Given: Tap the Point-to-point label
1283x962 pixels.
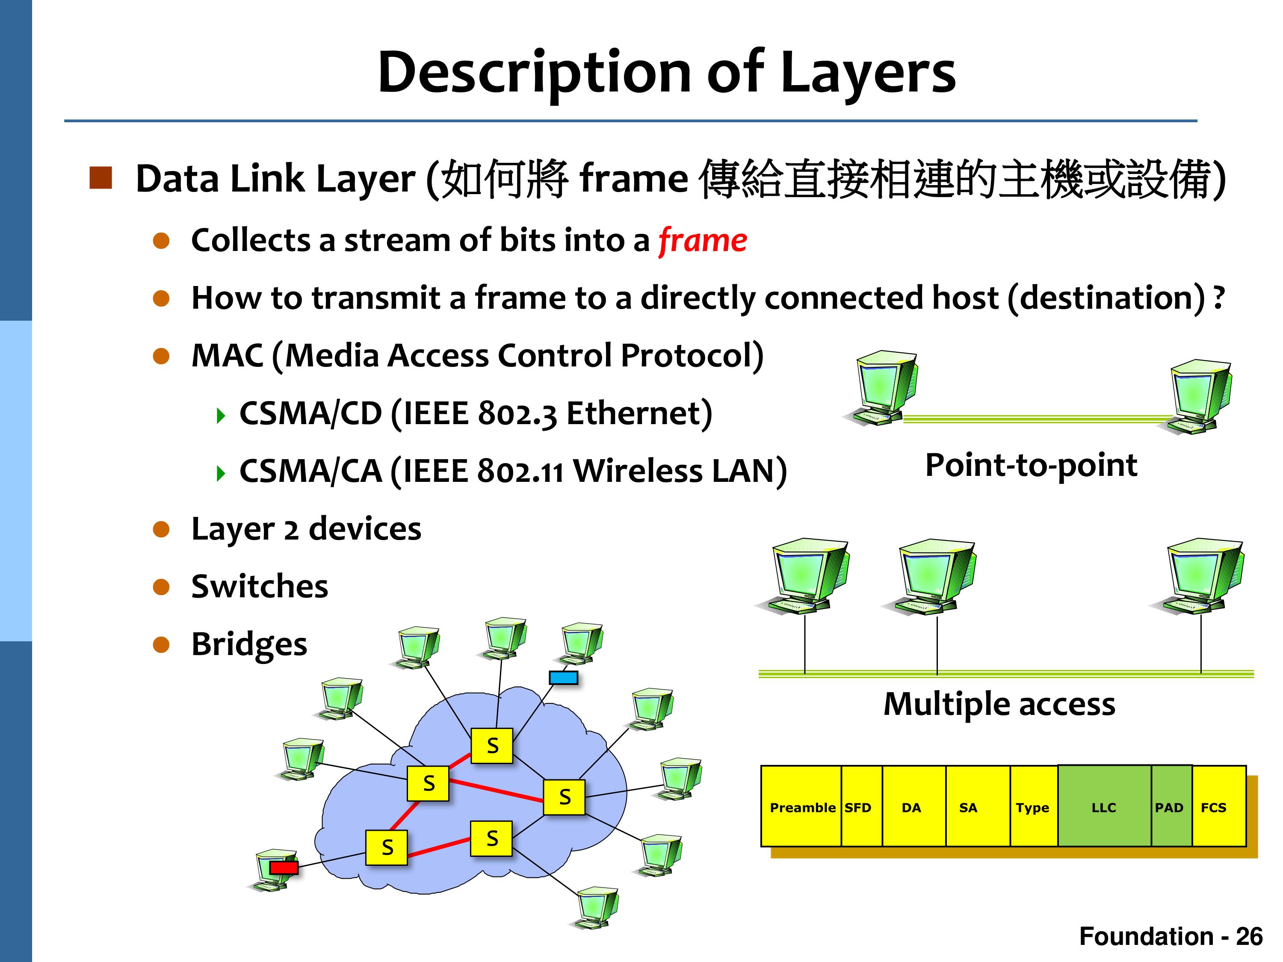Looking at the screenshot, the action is (1031, 465).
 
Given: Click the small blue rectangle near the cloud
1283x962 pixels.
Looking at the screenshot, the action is (563, 677).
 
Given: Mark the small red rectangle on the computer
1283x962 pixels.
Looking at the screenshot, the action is (284, 868).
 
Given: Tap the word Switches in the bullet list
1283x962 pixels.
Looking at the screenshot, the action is (259, 586).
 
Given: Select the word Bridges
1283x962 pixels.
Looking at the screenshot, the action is (249, 645).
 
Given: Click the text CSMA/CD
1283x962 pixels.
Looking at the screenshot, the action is (310, 413).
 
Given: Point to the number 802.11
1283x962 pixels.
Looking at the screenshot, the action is (520, 472).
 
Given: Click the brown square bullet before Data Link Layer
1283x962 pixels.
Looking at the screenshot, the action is (101, 178).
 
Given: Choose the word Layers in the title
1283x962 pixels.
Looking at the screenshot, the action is (868, 73).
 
